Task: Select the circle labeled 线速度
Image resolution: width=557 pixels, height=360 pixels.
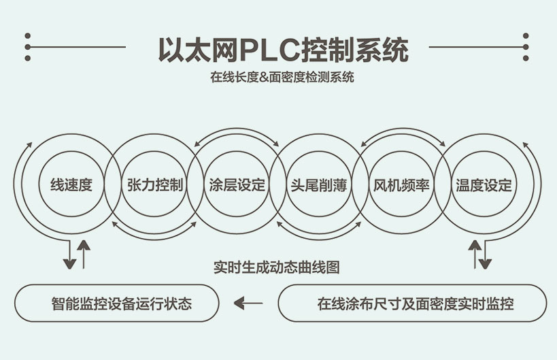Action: (x=71, y=184)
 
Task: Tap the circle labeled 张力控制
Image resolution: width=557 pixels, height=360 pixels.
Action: (x=154, y=184)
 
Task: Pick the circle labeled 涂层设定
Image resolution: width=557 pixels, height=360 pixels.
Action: (x=237, y=184)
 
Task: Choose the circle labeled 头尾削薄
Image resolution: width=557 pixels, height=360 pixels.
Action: (x=319, y=184)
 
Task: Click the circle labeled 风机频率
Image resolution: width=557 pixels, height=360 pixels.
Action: (x=401, y=184)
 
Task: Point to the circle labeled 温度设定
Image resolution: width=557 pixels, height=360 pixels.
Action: (x=484, y=184)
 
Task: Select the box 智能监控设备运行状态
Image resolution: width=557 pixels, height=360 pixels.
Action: (x=117, y=303)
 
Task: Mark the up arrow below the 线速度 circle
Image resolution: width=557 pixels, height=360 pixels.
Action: (x=84, y=253)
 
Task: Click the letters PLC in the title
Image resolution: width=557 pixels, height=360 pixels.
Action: (x=273, y=49)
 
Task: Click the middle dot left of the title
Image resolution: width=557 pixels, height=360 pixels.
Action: (x=28, y=47)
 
